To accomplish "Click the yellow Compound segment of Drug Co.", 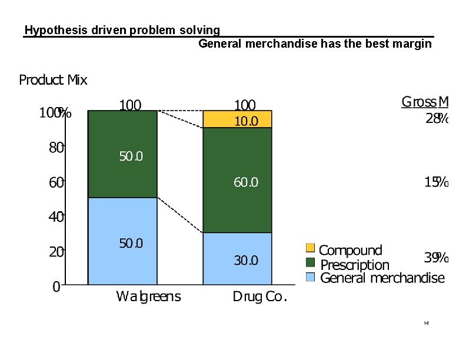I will tap(237, 119).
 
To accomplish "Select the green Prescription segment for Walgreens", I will tap(122, 154).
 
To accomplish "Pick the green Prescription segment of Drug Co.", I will tap(237, 180).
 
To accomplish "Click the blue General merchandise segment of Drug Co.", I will tap(237, 258).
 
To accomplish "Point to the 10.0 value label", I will tap(246, 122).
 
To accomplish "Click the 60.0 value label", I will tap(246, 183).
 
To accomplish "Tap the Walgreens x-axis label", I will tap(148, 296).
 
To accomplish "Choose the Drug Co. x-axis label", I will tap(259, 296).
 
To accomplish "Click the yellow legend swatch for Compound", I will tap(311, 249).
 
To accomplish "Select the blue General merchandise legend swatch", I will tap(311, 277).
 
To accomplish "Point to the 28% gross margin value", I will tap(437, 118).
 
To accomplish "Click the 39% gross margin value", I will tap(437, 258).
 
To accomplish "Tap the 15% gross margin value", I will tap(437, 182).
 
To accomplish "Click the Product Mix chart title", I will tap(53, 80).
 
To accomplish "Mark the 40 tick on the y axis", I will tap(56, 217).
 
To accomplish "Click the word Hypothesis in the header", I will tap(56, 30).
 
